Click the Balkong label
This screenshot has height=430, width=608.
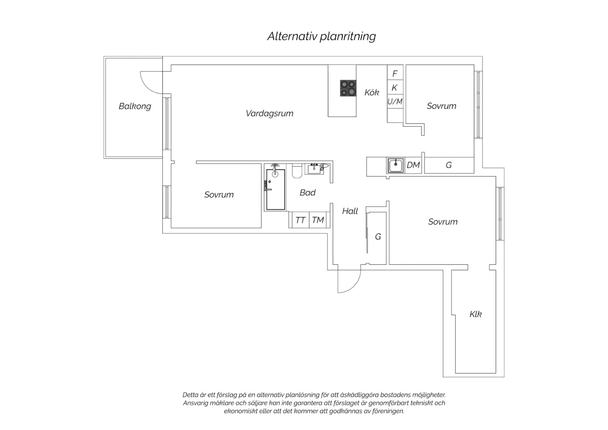coord(135,106)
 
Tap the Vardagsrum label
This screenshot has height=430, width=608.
coord(270,113)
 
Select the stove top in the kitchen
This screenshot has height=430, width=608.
coord(348,88)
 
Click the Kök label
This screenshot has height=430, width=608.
coord(372,92)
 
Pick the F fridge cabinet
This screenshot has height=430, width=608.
coord(395,73)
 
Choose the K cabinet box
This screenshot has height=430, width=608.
coord(395,87)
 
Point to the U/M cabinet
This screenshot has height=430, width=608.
coord(395,101)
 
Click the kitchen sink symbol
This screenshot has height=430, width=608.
coord(396,165)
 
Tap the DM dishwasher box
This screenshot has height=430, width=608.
coord(413,165)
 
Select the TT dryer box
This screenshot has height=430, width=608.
coord(300,220)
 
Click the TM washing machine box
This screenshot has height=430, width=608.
coord(318,220)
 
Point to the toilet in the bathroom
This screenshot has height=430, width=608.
coord(297,171)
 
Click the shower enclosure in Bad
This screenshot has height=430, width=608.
coord(276,189)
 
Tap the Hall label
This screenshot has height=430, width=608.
coord(350,211)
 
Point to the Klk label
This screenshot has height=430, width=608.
coord(475,314)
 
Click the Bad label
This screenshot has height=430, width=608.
coord(308,193)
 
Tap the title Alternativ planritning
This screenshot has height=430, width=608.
coord(322,37)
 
